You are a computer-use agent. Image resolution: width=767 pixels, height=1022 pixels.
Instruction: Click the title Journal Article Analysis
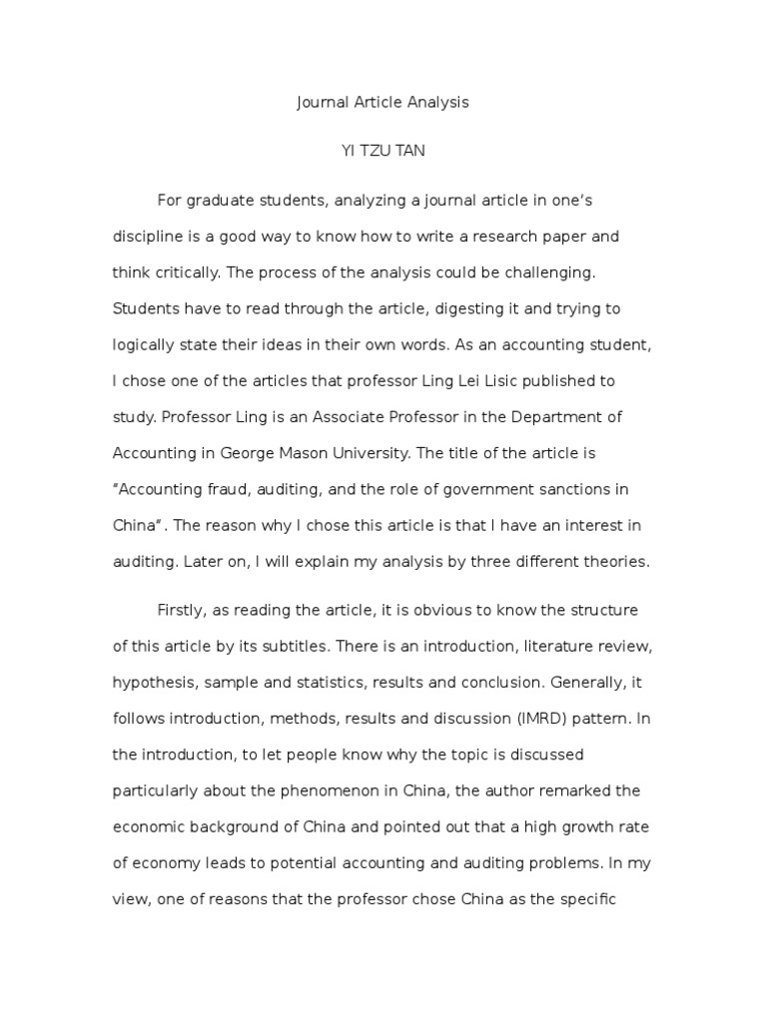coord(383,102)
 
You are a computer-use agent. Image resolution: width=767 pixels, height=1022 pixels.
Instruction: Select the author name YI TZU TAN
coord(383,151)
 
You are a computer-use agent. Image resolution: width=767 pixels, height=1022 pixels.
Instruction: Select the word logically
coord(148,345)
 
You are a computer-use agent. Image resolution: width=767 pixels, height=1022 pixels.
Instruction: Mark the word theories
coord(616,561)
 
